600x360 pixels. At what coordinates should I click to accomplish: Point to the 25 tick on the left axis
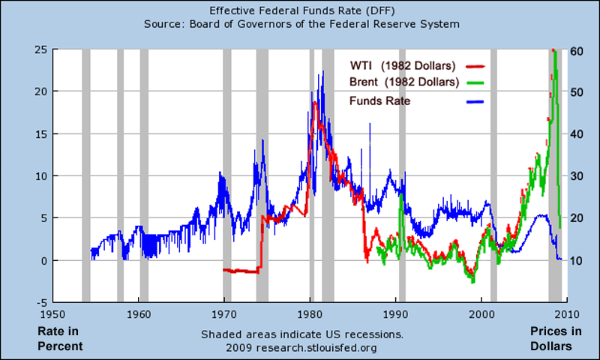pyautogui.click(x=41, y=49)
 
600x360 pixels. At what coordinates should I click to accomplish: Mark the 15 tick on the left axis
pyautogui.click(x=41, y=134)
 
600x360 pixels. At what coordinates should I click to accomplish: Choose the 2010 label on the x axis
pyautogui.click(x=566, y=315)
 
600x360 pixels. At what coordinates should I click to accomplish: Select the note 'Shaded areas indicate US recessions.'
pyautogui.click(x=302, y=334)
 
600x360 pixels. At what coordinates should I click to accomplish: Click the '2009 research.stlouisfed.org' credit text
pyautogui.click(x=302, y=348)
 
